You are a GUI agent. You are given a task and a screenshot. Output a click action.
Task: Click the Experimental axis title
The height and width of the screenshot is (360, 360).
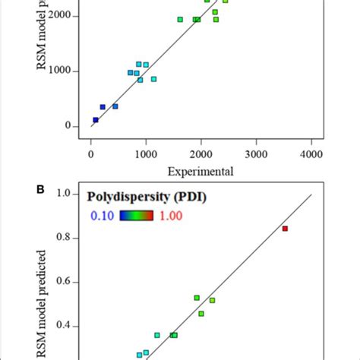click(200, 171)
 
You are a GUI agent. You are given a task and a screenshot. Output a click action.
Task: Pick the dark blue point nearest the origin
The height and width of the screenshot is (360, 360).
click(96, 120)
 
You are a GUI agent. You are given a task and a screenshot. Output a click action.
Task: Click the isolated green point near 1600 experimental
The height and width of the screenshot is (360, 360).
click(180, 20)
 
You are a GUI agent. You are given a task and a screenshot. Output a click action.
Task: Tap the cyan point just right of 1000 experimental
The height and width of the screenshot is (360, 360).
click(153, 79)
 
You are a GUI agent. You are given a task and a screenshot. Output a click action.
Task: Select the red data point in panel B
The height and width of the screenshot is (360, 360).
click(286, 228)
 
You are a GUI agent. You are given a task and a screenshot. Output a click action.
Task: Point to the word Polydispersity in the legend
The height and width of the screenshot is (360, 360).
click(127, 199)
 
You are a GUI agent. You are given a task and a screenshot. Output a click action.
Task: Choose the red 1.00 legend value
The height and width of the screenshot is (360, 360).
click(171, 216)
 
